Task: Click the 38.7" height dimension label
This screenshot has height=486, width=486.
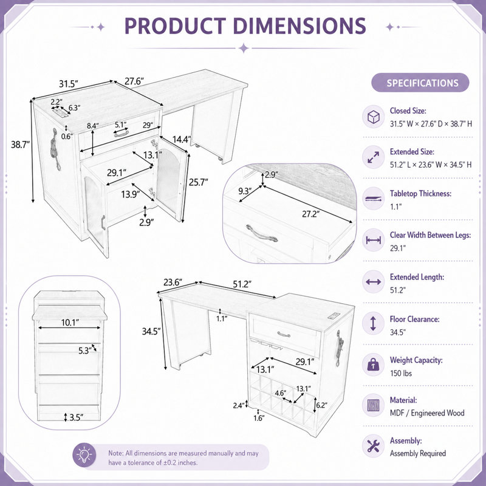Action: point(21,145)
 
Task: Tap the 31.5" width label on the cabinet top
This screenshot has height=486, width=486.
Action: point(69,84)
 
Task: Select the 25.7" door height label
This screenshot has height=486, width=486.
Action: point(199,182)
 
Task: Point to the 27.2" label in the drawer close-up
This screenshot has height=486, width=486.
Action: point(310,214)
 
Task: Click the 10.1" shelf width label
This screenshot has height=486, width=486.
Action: point(70,323)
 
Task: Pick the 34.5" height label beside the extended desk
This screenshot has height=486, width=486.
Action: point(151,331)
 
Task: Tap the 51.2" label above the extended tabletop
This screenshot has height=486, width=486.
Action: point(242,284)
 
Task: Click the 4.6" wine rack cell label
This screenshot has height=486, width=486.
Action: point(281,393)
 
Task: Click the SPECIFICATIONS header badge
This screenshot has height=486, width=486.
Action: point(420,83)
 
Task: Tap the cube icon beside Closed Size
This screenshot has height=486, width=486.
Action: point(374,117)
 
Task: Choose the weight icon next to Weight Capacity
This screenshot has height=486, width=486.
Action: point(374,365)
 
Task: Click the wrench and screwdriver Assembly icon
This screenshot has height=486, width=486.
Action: point(374,446)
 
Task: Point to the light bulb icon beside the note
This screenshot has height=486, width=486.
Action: point(84,456)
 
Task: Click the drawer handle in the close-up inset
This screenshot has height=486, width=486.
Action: point(262,233)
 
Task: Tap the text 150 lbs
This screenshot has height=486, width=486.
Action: point(401,373)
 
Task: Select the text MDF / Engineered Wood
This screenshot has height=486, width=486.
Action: point(427,413)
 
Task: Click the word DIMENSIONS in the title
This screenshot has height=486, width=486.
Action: point(299,26)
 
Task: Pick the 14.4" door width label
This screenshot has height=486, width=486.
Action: point(182,140)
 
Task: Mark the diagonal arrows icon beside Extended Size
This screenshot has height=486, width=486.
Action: point(374,157)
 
